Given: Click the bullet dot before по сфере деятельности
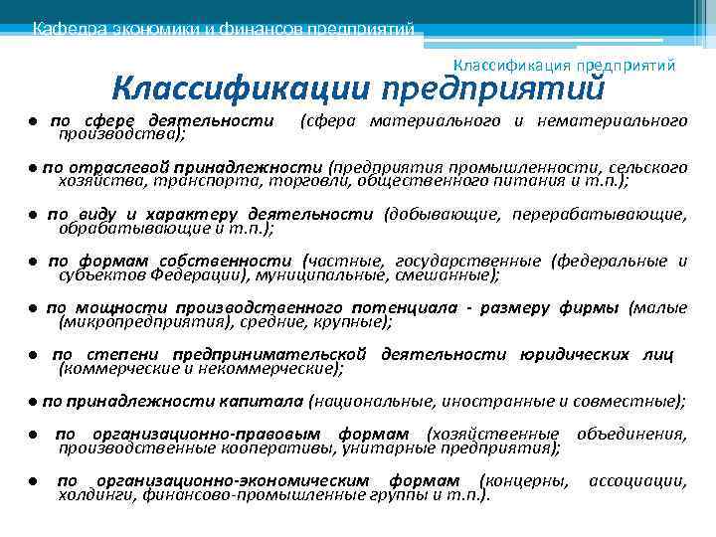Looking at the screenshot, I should point(33,121).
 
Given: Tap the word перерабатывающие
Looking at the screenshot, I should point(601,214).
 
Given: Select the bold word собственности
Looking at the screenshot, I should point(249,261).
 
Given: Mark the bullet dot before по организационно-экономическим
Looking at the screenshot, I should point(33,481).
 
